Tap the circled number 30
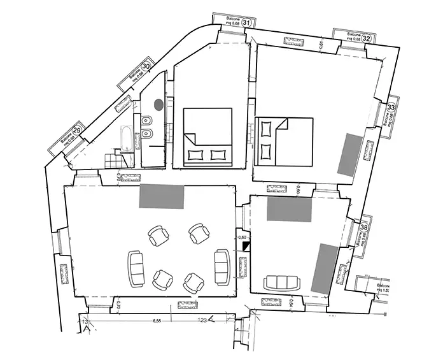(x=146, y=66)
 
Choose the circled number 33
(x=391, y=108)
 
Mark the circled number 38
(x=364, y=226)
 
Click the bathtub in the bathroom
(x=125, y=138)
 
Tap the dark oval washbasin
(x=158, y=102)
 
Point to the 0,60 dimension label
(x=242, y=237)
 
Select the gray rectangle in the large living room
(x=162, y=196)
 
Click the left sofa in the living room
(x=136, y=269)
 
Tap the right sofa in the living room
(x=222, y=267)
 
